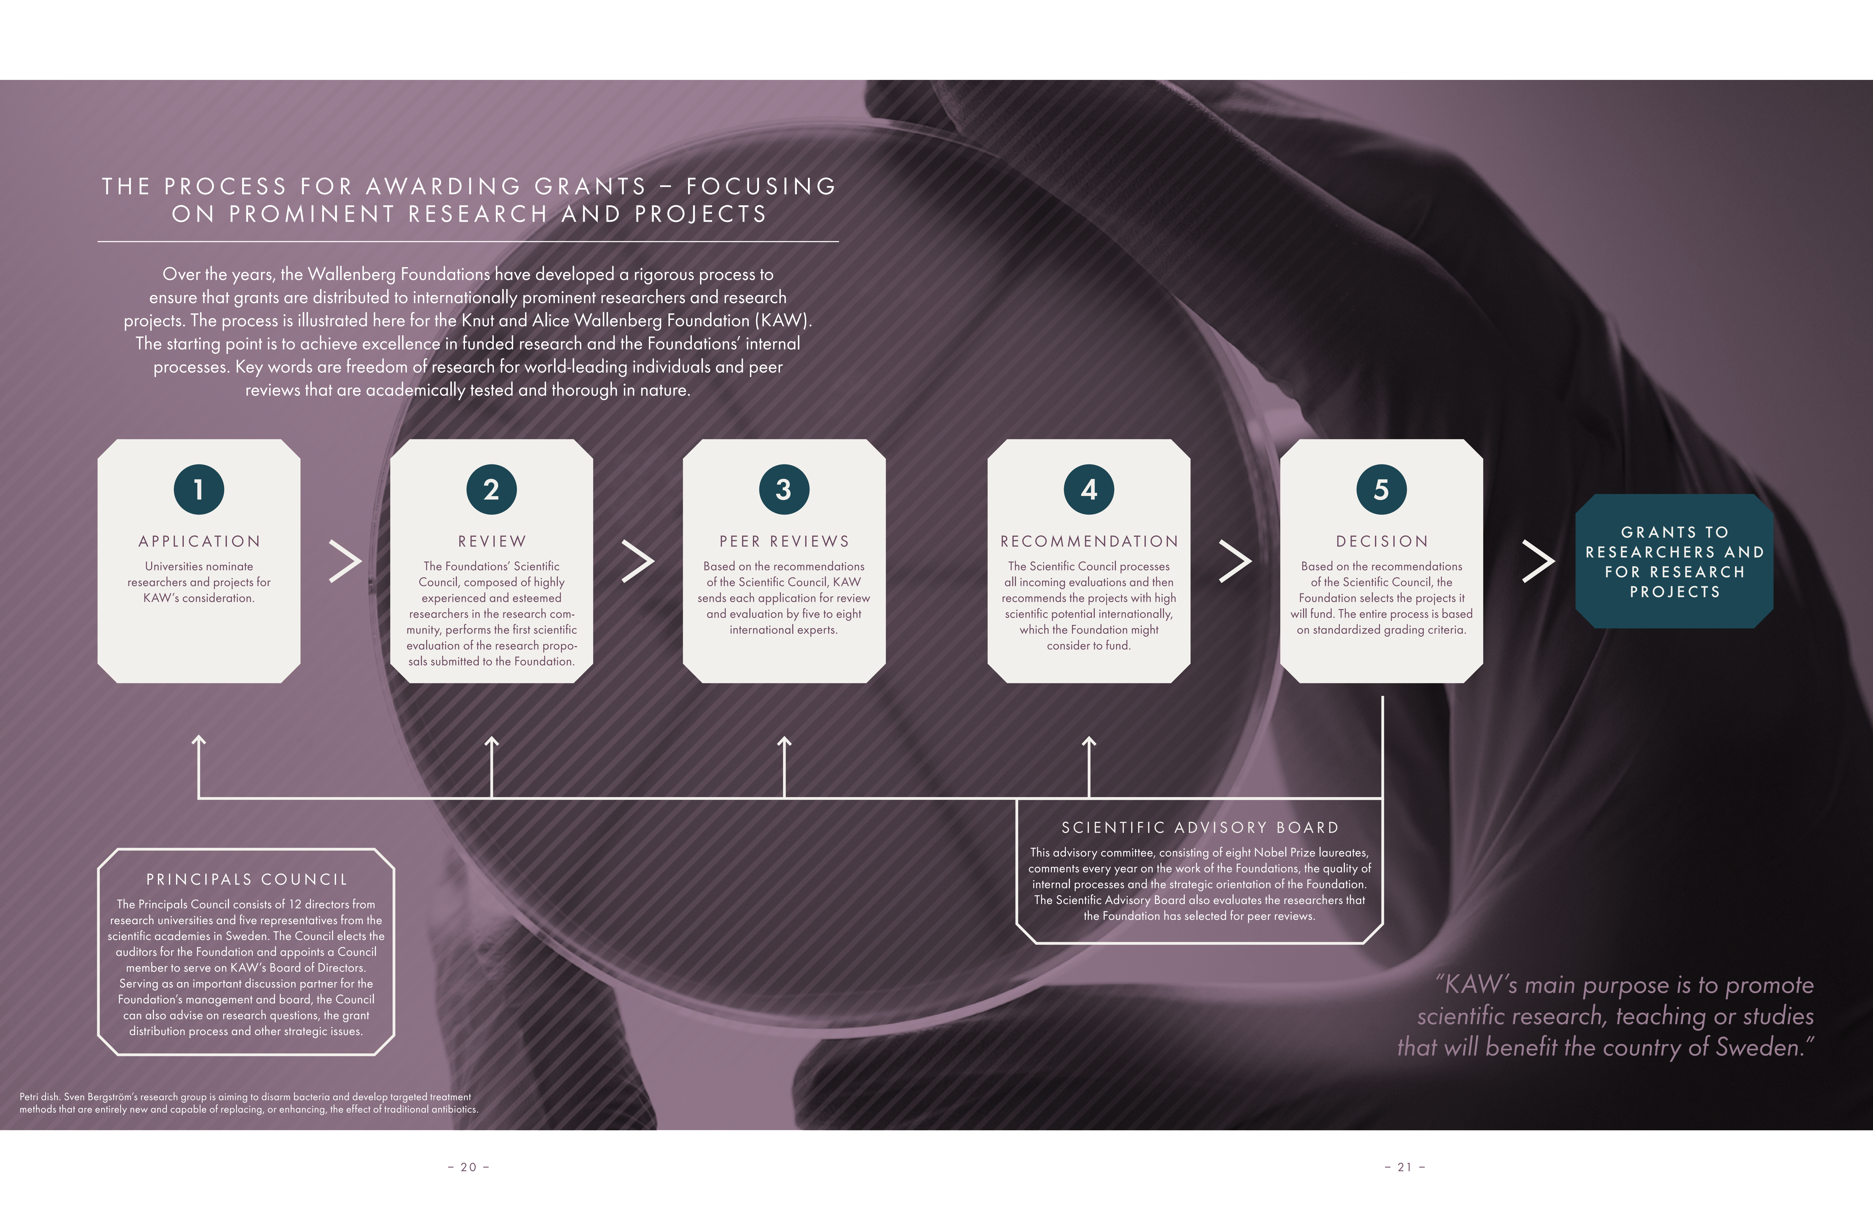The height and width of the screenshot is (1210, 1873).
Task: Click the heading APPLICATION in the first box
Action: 199,541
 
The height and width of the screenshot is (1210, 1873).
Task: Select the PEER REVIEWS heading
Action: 784,541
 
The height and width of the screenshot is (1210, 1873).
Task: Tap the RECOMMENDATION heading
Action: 1089,541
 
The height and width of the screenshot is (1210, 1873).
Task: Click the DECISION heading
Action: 1381,541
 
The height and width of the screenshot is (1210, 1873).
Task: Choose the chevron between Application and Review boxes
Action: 345,561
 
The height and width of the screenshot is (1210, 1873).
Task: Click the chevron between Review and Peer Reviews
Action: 638,561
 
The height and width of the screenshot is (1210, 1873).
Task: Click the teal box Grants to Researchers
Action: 1674,561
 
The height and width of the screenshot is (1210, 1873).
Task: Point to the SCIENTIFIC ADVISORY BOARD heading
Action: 1199,827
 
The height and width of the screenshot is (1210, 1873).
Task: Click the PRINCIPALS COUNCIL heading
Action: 246,879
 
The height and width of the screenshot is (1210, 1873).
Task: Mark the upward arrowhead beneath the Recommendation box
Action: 1089,741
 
